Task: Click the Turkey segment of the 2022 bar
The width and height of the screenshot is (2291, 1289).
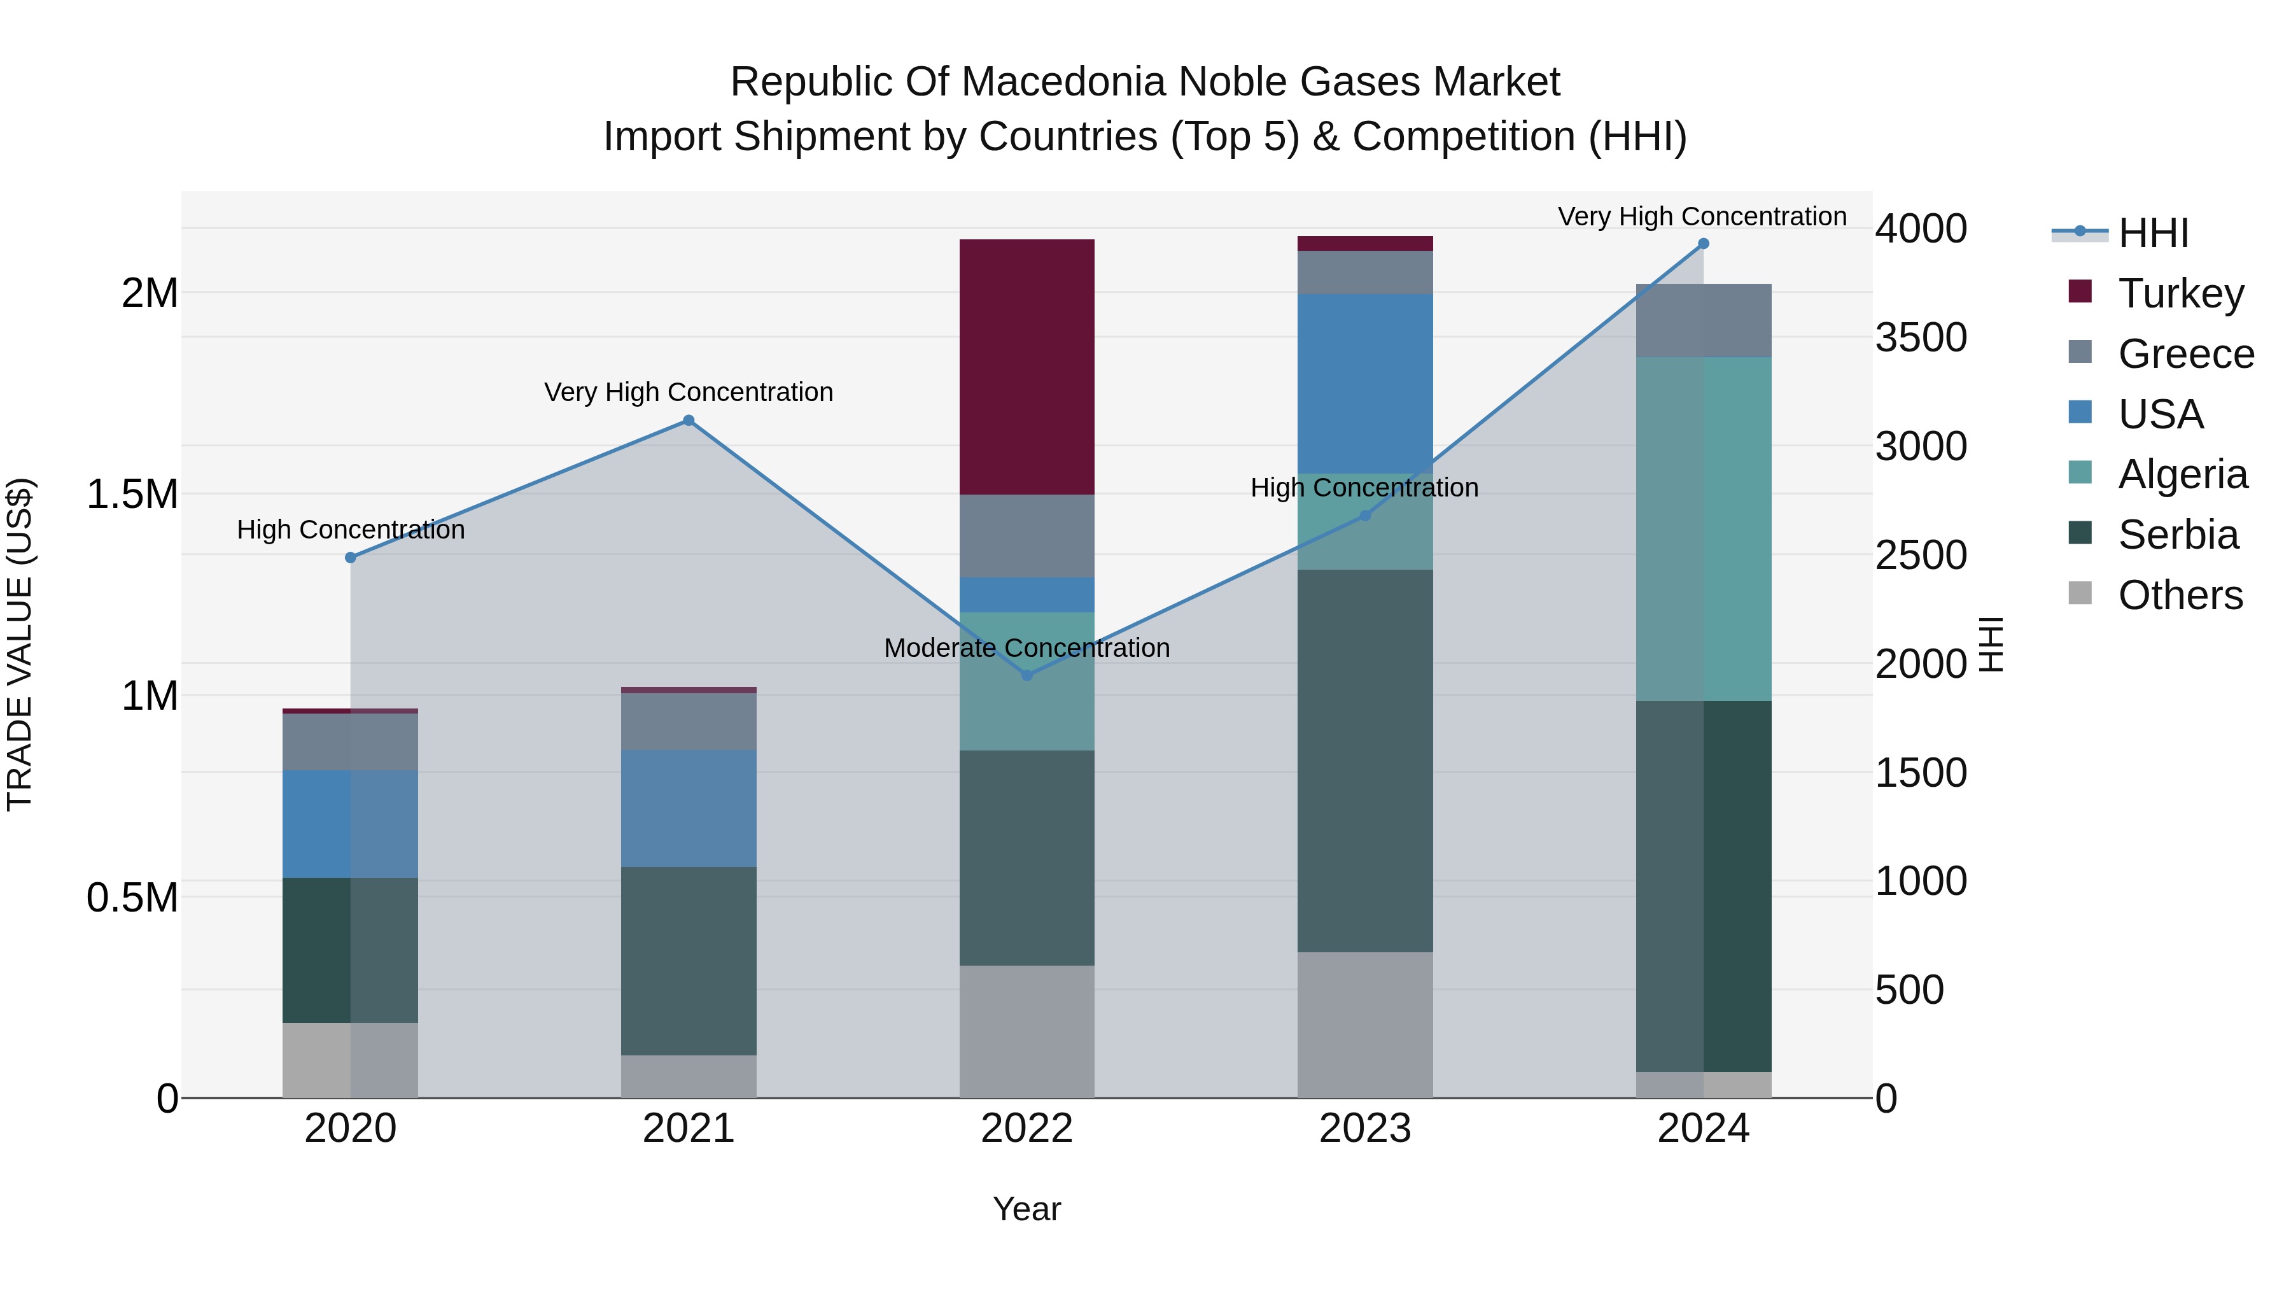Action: [1026, 367]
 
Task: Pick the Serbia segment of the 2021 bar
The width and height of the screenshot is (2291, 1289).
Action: [689, 961]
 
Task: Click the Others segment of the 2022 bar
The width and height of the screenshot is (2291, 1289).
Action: [1026, 1031]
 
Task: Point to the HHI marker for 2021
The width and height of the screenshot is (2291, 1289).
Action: [689, 420]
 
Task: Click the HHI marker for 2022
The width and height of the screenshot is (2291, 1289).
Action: [1026, 675]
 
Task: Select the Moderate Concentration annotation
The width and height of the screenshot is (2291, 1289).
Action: [1026, 647]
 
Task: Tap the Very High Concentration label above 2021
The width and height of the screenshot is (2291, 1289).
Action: [689, 392]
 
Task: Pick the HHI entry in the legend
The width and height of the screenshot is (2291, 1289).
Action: [2152, 233]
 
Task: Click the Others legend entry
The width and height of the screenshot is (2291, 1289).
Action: [2179, 595]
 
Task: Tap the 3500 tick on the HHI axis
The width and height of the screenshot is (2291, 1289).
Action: [1921, 337]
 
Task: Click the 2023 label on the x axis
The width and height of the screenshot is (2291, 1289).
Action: [1364, 1129]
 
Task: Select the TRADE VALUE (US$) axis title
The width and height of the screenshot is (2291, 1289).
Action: [20, 644]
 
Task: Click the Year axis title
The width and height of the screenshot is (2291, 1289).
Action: [1026, 1209]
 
